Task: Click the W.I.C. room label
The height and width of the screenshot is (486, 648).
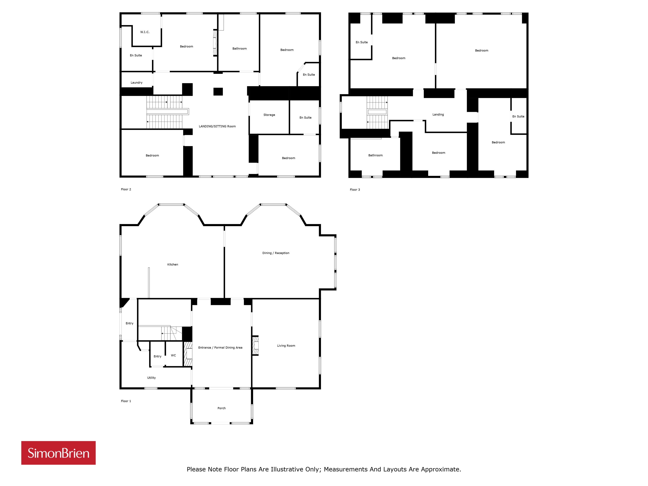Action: point(145,32)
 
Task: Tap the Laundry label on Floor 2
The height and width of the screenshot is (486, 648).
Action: point(137,83)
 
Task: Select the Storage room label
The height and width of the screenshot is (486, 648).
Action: point(269,115)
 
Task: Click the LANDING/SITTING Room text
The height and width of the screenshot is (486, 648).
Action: point(217,126)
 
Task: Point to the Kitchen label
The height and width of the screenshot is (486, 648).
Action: point(173,265)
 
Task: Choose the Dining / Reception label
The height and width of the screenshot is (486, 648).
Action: point(276,253)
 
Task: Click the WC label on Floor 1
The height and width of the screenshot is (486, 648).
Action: point(174,355)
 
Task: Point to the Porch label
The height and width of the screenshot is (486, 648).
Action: point(221,408)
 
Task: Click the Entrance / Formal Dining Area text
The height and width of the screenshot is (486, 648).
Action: point(220,348)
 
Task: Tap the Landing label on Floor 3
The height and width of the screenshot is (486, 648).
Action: point(438,115)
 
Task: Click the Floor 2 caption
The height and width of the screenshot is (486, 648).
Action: point(126,189)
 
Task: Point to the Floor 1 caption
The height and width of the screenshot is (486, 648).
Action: point(126,401)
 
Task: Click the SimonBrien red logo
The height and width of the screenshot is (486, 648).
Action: point(58,453)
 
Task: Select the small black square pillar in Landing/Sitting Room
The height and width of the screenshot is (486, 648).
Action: point(218,92)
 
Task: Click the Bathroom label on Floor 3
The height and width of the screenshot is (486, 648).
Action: point(375,155)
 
